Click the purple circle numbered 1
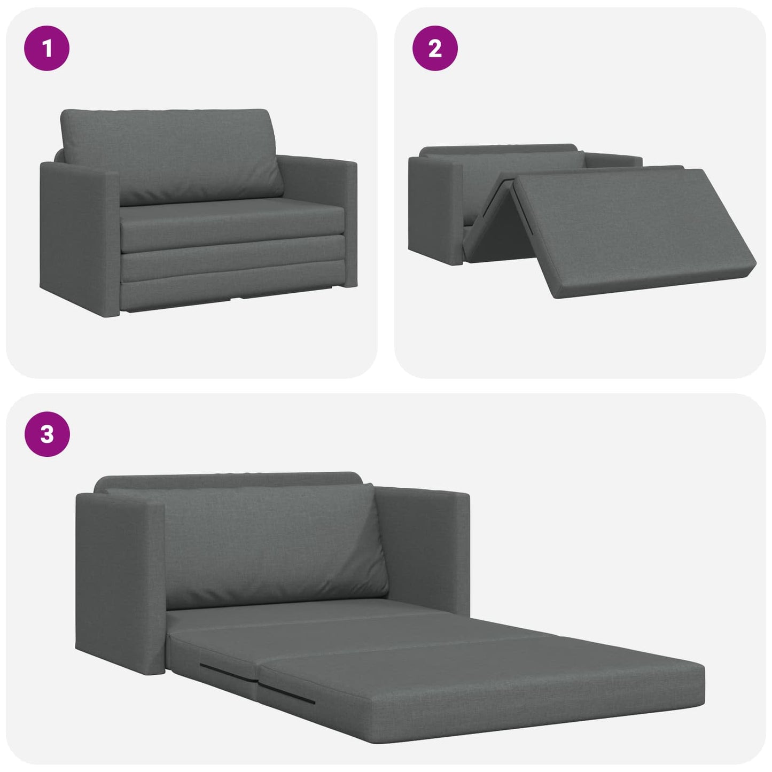click(x=47, y=48)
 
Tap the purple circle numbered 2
click(x=435, y=48)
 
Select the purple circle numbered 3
click(x=47, y=433)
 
